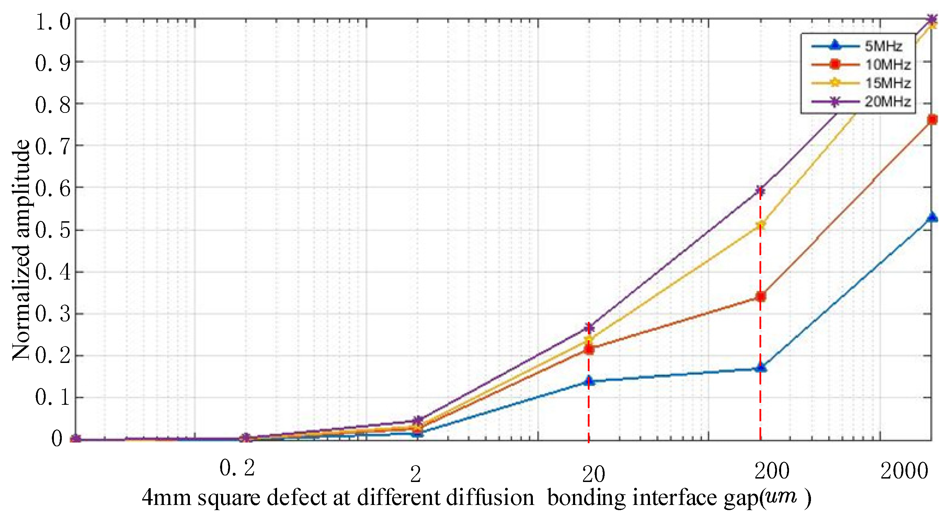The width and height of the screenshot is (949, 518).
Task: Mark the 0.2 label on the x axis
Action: point(237,469)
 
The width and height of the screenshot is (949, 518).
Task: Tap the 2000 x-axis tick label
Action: point(904,471)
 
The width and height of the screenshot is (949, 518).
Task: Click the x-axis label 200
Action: point(772,471)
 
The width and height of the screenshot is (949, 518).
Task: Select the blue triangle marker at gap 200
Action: point(761,367)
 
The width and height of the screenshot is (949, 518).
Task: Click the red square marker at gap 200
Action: point(761,296)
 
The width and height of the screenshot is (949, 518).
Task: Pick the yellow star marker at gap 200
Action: point(761,225)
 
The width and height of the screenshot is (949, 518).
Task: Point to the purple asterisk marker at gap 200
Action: point(761,190)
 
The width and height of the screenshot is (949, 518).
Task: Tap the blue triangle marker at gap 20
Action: point(589,380)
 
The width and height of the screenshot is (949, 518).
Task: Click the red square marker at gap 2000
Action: point(932,120)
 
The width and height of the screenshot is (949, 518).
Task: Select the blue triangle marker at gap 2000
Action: point(932,217)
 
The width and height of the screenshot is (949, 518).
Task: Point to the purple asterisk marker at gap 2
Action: point(417,420)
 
